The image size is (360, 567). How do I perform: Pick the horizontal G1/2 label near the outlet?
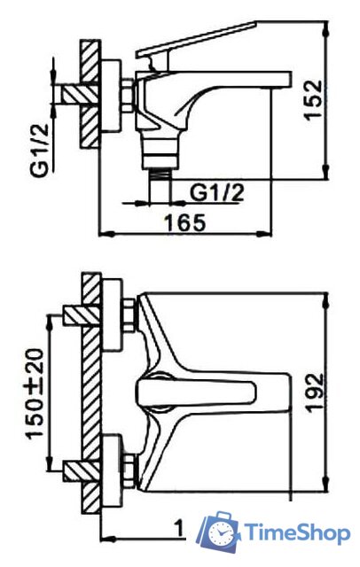[217, 189]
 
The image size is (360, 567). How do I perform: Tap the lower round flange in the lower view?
[113, 466]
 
